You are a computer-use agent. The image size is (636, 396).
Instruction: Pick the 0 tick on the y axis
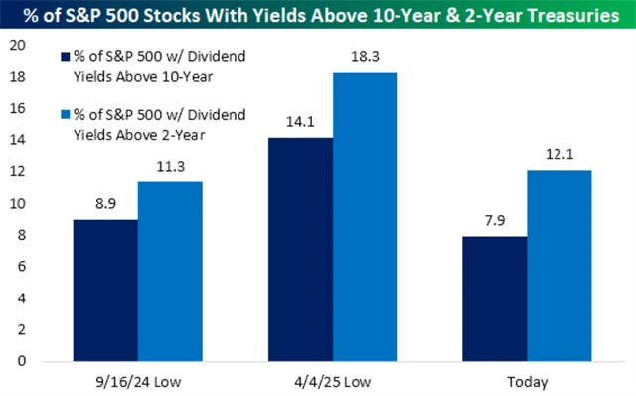20,362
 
